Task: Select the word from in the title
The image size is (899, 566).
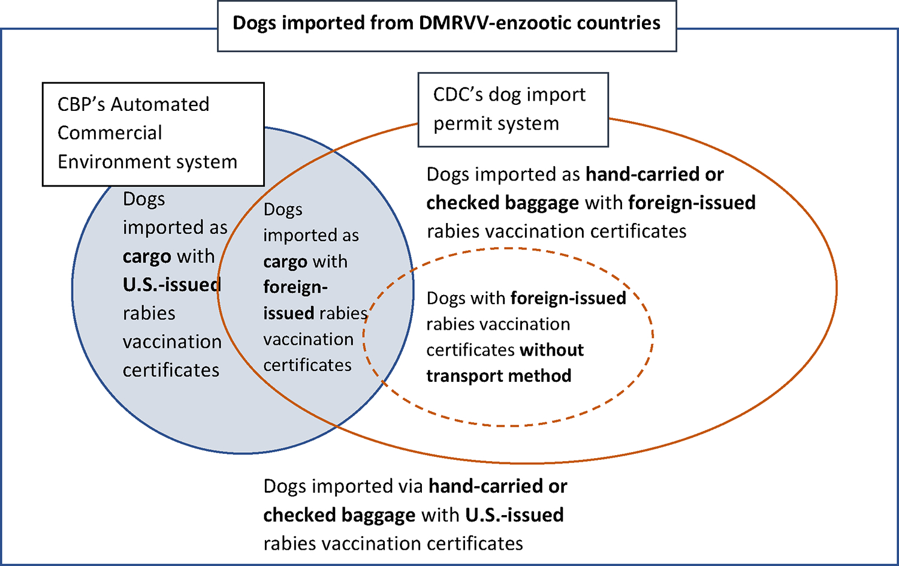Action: tap(392, 23)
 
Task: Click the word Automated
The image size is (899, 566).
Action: tap(160, 104)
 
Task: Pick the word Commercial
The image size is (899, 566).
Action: tap(110, 133)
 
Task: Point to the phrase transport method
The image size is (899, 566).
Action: tap(499, 376)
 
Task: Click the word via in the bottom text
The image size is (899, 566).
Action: tap(412, 486)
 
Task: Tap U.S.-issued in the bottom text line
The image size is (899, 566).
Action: tap(514, 515)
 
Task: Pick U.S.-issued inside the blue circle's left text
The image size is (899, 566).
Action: tap(172, 284)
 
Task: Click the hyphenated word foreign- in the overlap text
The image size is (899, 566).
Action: tap(295, 287)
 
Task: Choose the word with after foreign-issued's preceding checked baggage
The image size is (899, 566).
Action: tap(604, 203)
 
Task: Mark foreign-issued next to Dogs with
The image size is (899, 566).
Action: tap(568, 298)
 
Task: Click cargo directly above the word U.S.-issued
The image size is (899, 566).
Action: tap(147, 257)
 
